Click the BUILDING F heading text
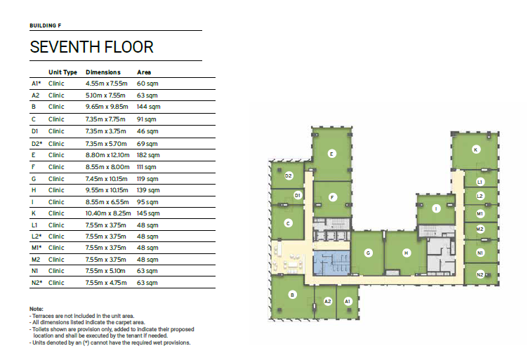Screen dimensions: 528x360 click(46, 25)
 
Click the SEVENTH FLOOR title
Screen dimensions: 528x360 click(91, 47)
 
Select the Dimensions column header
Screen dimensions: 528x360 click(103, 72)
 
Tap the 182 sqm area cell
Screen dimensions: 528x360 click(148, 155)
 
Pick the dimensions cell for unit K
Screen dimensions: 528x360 click(107, 213)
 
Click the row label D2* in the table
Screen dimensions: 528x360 click(37, 144)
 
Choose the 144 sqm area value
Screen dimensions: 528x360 click(149, 107)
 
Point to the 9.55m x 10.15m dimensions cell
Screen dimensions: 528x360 click(107, 190)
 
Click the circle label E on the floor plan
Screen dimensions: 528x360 click(331, 154)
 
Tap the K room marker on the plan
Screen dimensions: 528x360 click(475, 149)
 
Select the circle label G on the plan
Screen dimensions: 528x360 click(368, 253)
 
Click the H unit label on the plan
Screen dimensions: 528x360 click(407, 253)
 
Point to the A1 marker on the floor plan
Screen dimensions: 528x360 click(348, 302)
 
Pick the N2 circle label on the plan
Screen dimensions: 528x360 click(480, 274)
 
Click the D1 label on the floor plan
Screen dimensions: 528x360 click(297, 196)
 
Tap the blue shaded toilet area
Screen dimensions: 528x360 click(331, 263)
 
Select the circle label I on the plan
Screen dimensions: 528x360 click(436, 209)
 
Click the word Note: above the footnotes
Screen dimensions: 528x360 click(37, 309)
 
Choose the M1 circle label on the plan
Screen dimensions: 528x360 click(480, 213)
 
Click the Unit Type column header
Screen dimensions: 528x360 click(62, 72)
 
